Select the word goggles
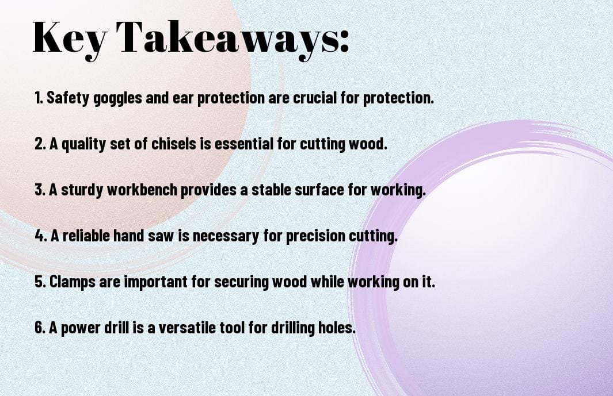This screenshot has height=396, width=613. pos(117,98)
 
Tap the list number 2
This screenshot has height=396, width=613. pos(40,144)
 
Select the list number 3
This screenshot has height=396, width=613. pos(40,190)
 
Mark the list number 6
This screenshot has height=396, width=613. pos(40,328)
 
